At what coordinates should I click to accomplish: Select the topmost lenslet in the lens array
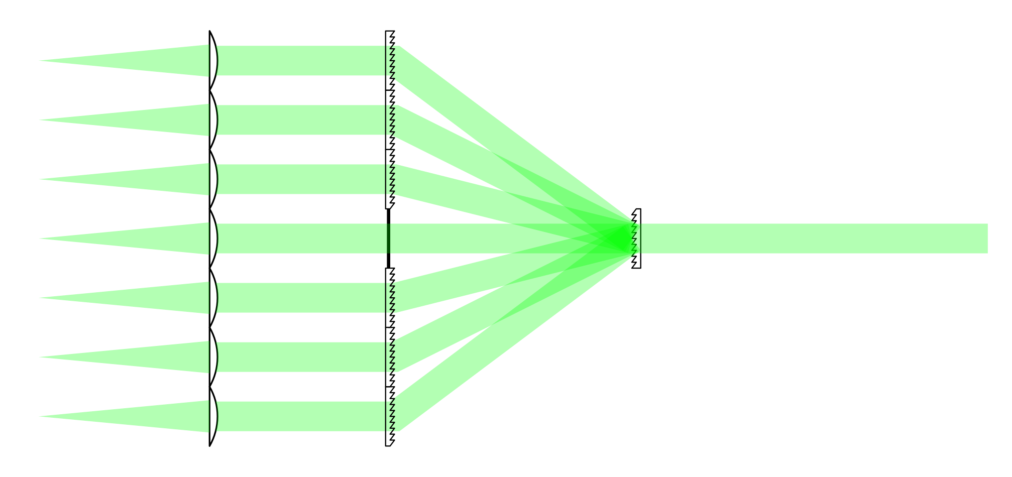point(214,61)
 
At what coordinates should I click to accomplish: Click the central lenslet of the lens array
point(214,238)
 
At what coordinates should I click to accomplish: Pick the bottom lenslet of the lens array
point(214,416)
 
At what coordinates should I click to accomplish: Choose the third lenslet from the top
point(214,179)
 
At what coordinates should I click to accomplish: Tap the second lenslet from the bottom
point(214,357)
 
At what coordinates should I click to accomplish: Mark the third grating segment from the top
point(390,179)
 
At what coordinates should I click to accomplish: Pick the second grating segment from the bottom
point(390,357)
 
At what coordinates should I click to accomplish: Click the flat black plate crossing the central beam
point(389,238)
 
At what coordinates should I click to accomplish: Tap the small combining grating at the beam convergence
point(636,238)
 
